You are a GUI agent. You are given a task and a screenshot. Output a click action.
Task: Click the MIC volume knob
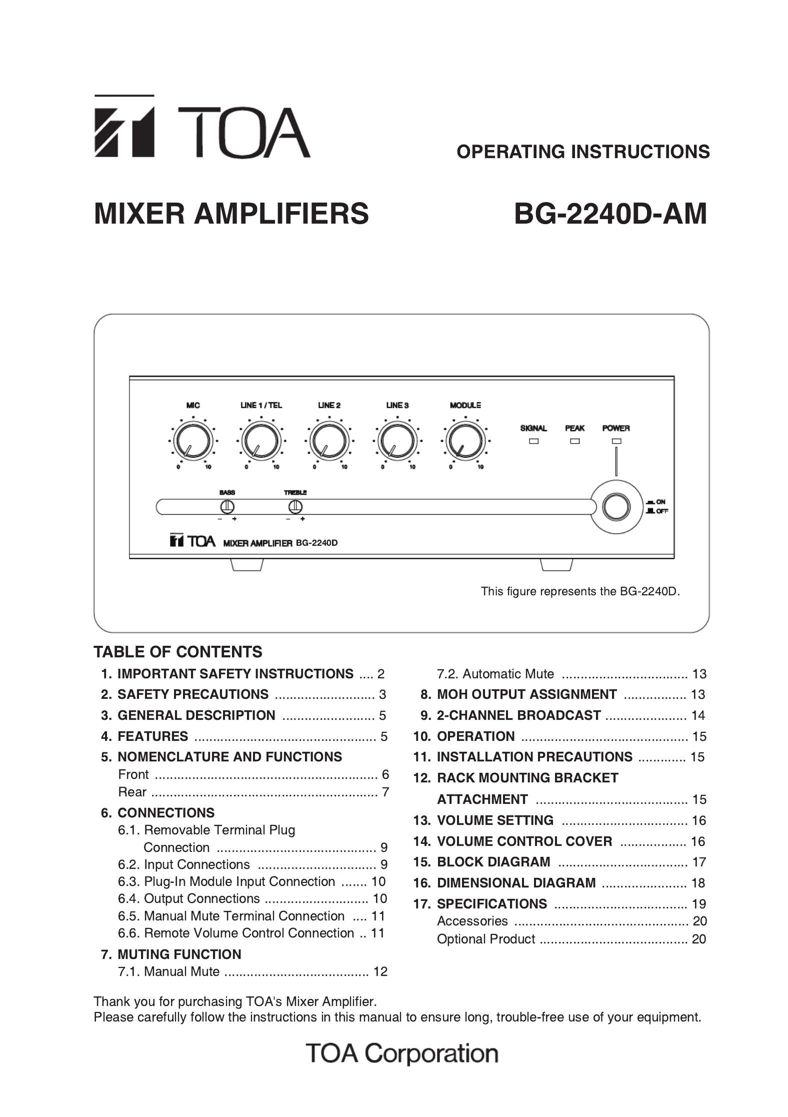coord(193,442)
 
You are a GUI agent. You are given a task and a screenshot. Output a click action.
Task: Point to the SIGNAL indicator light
coord(533,441)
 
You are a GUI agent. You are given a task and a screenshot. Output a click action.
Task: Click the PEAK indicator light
coord(574,441)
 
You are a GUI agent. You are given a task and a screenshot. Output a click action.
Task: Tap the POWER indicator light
coord(616,441)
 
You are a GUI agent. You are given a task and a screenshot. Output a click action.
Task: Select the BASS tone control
coord(227,507)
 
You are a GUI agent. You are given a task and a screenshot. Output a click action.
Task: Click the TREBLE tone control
coord(295,507)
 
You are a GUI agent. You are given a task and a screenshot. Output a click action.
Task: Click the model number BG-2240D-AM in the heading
coord(610,214)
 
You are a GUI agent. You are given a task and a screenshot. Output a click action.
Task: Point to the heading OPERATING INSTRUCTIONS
coord(582,152)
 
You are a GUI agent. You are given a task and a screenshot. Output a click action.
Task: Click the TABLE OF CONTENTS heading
coord(178,652)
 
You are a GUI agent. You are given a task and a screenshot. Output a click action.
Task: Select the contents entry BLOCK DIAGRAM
coord(493,862)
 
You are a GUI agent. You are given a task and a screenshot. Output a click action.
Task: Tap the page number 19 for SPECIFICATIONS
coord(698,904)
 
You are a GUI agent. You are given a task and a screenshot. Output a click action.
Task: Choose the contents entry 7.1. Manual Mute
coord(181,971)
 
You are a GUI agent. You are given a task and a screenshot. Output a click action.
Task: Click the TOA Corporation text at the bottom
coord(402,1053)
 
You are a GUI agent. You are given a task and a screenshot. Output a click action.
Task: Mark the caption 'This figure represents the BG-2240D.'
coord(580,591)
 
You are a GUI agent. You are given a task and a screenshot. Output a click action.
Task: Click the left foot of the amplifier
coord(246,565)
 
